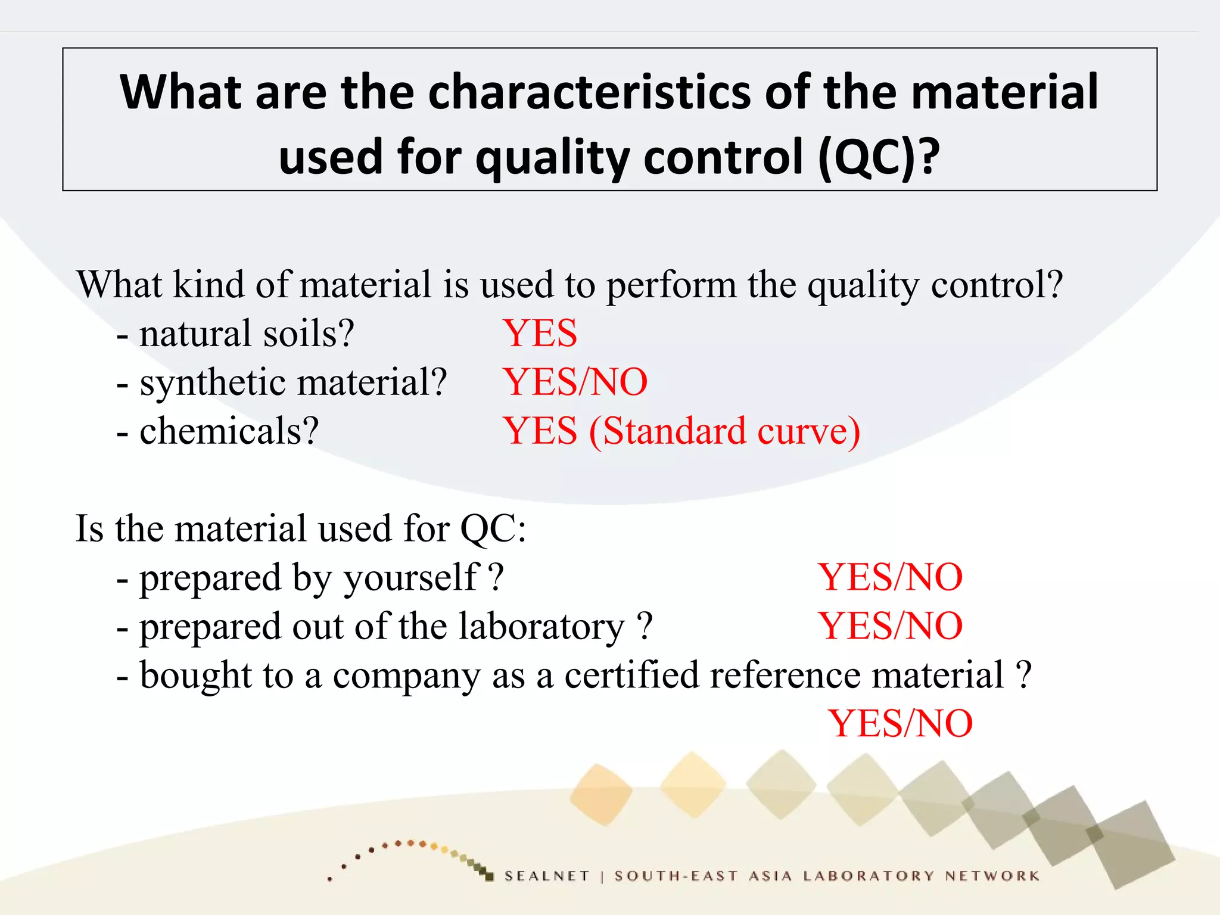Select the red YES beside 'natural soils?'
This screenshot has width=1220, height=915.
tap(540, 333)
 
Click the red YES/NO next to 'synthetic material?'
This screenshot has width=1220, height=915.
tap(575, 382)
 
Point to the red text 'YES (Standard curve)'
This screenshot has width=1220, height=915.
tap(681, 431)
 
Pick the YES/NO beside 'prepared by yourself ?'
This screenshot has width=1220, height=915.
tap(890, 577)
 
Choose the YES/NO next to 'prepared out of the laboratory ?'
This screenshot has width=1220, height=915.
tap(890, 626)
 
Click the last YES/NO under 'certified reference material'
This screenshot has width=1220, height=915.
tap(900, 724)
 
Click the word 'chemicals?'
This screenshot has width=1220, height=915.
tap(229, 431)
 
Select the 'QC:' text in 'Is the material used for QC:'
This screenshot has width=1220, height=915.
tap(493, 529)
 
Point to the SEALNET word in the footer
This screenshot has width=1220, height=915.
tap(547, 876)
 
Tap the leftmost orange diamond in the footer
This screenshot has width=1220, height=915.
tap(601, 794)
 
